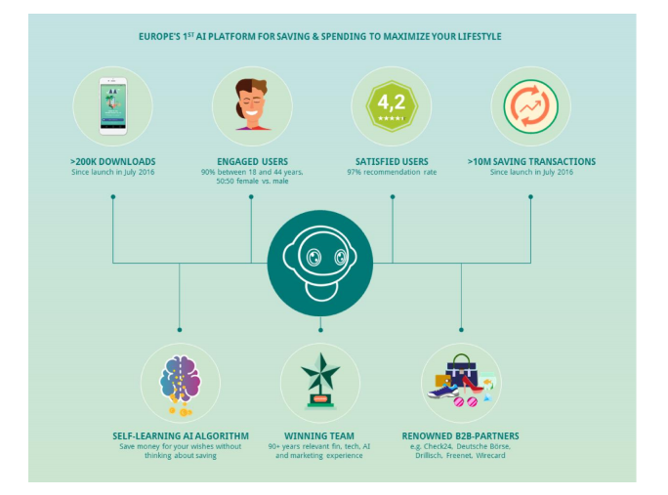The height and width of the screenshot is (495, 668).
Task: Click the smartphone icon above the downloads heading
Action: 113,106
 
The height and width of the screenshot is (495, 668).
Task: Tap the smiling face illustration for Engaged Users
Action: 252,104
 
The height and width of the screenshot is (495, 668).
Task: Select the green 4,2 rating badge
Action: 392,105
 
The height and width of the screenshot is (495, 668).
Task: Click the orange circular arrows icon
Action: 530,106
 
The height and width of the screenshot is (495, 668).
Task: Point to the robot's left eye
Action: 313,257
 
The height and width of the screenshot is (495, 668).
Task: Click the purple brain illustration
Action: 180,378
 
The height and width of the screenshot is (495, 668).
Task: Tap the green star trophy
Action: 320,380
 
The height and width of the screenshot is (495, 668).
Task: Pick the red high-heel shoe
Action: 472,385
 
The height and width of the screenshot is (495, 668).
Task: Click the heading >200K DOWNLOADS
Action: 113,162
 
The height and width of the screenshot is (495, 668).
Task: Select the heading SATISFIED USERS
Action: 392,162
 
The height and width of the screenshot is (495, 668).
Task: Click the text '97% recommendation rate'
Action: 392,172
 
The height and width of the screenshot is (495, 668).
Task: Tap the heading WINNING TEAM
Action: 319,436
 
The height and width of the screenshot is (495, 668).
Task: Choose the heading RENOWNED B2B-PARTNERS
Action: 461,436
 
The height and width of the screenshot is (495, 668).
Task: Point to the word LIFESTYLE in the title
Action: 480,37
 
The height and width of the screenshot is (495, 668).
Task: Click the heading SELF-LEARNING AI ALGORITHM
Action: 181,436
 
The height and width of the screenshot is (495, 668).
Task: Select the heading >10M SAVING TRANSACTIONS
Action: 531,162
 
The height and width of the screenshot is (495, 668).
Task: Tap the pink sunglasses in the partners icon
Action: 465,401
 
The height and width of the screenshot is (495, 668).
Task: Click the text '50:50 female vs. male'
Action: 252,181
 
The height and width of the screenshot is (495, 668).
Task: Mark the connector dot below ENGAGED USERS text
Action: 251,197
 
